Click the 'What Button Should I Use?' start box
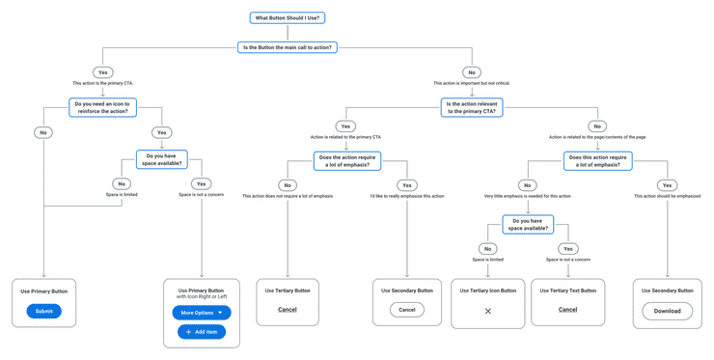287,17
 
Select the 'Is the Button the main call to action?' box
287,46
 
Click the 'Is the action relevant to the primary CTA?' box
472,106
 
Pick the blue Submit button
43,311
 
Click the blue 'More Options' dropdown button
202,313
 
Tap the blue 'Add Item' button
202,332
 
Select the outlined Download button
667,311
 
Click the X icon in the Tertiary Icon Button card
488,311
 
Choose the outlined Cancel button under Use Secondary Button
407,310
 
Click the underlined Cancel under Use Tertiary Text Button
567,310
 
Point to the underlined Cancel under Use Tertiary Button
288,310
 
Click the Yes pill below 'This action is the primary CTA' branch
103,72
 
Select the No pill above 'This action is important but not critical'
472,72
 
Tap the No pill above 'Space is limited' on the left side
122,183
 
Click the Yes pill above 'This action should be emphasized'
667,185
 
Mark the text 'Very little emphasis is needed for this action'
528,196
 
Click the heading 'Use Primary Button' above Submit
44,291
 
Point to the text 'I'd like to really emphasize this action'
407,196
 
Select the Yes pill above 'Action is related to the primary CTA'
345,126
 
